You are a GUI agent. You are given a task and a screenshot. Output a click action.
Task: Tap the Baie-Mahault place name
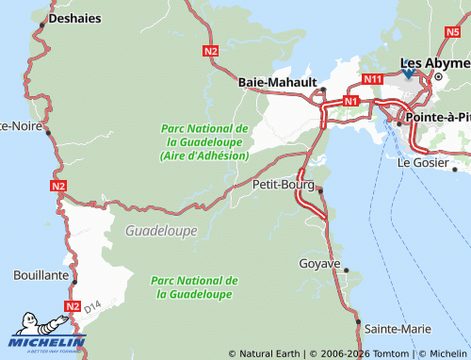[279, 82]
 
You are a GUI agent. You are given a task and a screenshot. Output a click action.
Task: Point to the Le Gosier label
[420, 162]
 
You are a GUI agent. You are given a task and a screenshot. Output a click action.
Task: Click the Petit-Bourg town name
[284, 185]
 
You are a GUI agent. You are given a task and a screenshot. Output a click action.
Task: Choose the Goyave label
[318, 263]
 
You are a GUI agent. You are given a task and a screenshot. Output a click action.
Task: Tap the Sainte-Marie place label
[398, 328]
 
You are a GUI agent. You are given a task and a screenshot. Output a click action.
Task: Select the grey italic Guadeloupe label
[161, 230]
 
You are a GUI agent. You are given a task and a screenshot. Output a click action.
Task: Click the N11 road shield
[373, 80]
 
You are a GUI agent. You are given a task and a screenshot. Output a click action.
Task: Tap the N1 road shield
[351, 100]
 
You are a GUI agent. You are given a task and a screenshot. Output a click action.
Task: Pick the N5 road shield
[451, 31]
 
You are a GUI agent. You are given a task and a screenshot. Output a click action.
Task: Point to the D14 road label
[91, 307]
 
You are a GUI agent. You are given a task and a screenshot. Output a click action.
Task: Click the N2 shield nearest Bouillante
[73, 306]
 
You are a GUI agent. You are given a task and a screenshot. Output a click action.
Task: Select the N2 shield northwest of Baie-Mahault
[210, 51]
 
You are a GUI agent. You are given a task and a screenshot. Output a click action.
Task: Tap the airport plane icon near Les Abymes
[408, 71]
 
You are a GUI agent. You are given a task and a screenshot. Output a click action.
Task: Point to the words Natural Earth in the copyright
[269, 353]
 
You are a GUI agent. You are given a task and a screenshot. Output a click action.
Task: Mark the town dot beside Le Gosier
[454, 171]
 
